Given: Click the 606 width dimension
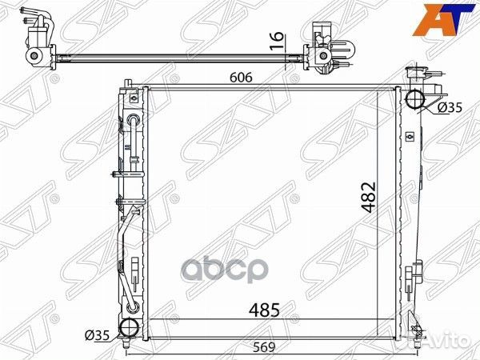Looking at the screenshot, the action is point(242,78).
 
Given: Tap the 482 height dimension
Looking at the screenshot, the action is point(369,197).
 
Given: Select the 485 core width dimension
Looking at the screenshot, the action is point(264,310).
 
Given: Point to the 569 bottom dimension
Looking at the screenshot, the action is point(264,347).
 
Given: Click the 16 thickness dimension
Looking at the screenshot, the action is point(277,41).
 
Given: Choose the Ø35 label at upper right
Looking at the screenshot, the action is point(449,107).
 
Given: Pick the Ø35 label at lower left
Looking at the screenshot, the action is point(97,336).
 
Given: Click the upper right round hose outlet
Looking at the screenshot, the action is point(415,98).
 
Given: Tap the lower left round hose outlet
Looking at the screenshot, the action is point(130,328).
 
